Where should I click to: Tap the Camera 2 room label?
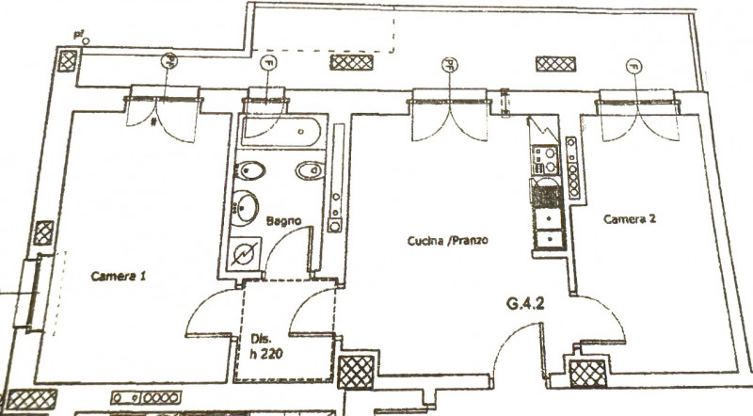630,218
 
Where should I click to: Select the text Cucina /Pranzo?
448,241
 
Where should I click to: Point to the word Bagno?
282,222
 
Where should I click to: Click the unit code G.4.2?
527,304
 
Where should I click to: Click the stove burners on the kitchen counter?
545,161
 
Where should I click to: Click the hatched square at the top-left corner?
69,62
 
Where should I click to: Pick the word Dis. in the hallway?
261,339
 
